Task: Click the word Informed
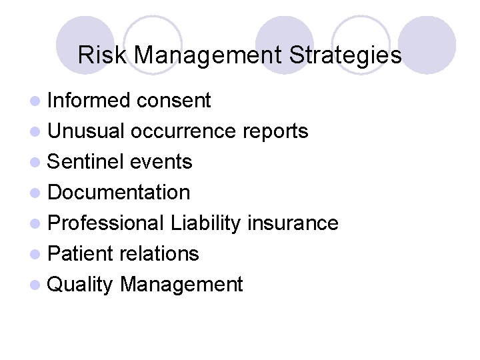click(x=89, y=101)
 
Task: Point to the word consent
click(x=173, y=101)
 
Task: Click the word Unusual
click(x=87, y=131)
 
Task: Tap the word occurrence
click(x=183, y=131)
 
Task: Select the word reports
click(x=275, y=131)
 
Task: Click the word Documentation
click(x=119, y=193)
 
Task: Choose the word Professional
click(x=106, y=223)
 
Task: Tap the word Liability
click(x=205, y=223)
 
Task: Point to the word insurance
click(x=293, y=223)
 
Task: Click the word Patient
click(x=83, y=254)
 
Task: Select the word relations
click(x=161, y=254)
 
